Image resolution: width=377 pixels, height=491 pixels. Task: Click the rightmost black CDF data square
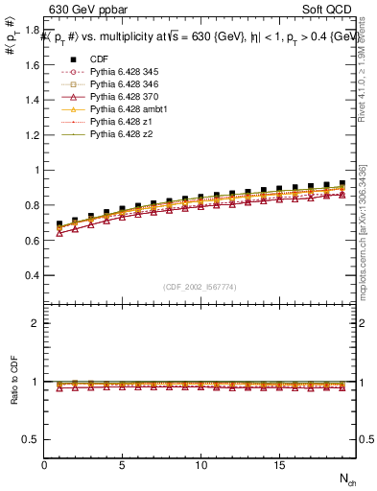pyautogui.click(x=342, y=183)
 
